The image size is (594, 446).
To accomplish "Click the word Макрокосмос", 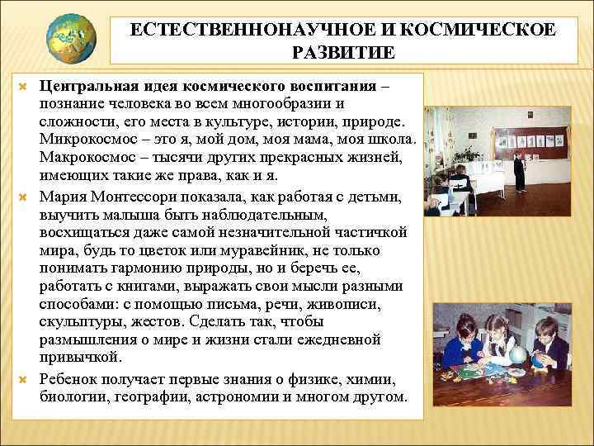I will point(82,157).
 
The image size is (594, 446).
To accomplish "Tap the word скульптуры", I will point(81,322).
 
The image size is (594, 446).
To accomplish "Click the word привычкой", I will point(80,357).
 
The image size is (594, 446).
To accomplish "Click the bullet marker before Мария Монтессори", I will point(23,197).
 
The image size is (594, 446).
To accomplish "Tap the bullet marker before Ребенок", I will point(23,380).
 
